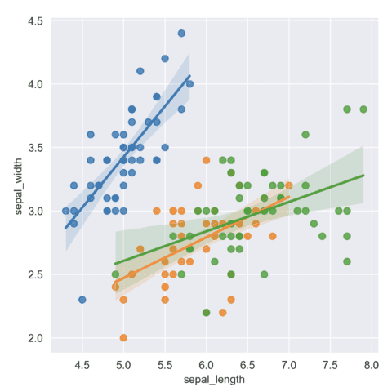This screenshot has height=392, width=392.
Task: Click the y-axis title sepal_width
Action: [19, 186]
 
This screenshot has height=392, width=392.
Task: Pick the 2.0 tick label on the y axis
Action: [35, 338]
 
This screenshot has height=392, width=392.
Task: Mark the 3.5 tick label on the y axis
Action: [35, 147]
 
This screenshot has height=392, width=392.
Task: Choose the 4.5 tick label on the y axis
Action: [35, 20]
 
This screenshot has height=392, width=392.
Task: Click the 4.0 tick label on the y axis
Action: [35, 84]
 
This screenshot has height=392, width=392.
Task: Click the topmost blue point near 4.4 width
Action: [181, 33]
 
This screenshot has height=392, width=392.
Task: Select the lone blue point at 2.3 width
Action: [82, 300]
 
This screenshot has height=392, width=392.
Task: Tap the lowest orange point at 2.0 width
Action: [123, 337]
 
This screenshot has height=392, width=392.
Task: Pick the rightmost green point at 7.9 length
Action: [363, 109]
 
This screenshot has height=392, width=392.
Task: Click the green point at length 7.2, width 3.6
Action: [305, 135]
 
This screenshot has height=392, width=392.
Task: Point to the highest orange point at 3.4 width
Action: [207, 160]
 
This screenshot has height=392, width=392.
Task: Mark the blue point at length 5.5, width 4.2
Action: [165, 58]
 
